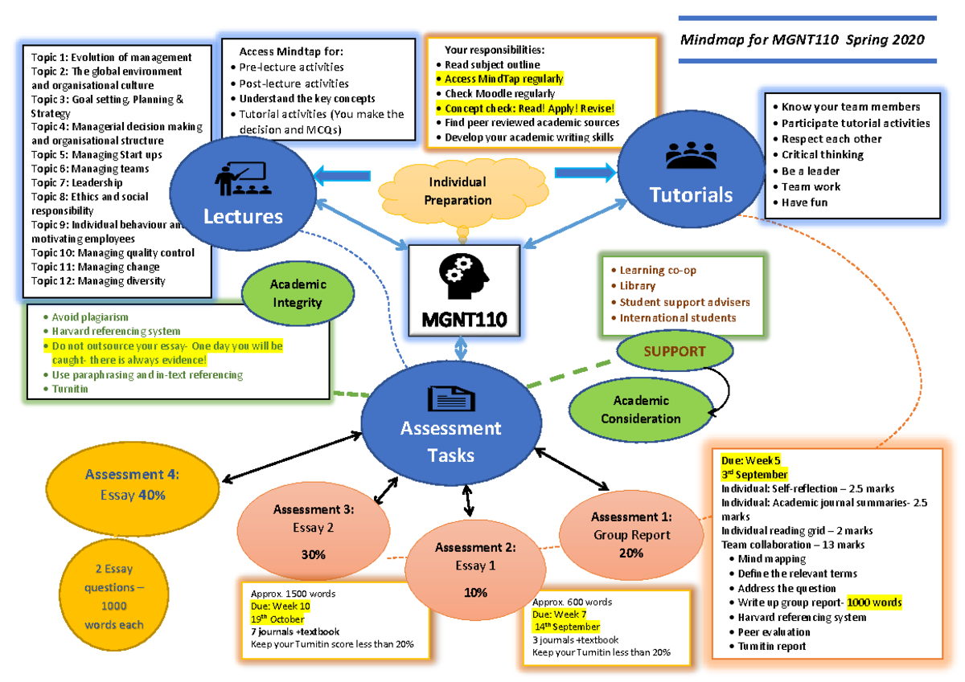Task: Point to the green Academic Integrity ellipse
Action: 298,293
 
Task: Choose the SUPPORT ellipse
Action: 674,352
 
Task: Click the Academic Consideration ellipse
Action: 640,410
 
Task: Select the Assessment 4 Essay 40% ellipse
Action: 133,485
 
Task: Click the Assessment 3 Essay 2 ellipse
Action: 313,529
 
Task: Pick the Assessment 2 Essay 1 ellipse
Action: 474,567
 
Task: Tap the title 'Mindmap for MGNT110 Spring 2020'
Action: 802,39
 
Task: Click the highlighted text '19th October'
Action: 277,619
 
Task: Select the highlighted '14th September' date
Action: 567,627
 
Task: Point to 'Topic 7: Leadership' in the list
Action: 76,183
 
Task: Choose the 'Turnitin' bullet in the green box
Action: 70,389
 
